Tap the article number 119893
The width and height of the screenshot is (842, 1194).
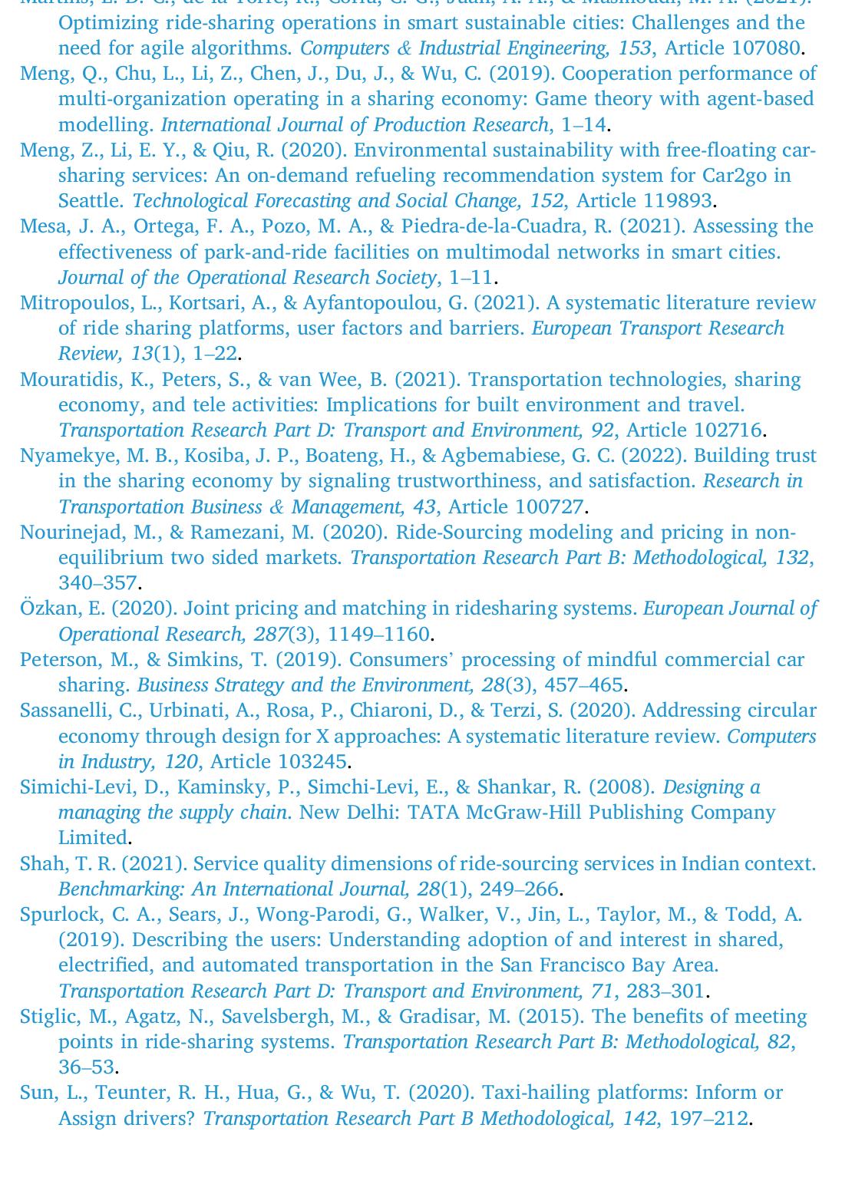[675, 201]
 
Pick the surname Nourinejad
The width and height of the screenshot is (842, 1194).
[70, 533]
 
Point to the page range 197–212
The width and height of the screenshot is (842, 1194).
[708, 1119]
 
